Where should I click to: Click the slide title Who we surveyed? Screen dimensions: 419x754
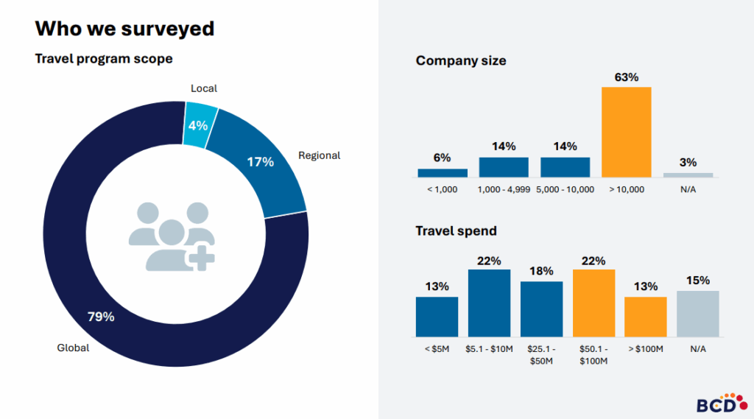tap(124, 29)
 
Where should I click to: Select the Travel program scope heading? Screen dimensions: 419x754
tap(104, 59)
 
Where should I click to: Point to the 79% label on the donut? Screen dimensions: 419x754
tap(101, 317)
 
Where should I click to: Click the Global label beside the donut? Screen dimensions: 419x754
tap(73, 348)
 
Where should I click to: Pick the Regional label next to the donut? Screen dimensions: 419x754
tap(319, 155)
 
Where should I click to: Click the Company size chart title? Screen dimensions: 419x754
tap(461, 61)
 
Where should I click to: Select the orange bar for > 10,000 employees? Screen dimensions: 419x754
tap(626, 132)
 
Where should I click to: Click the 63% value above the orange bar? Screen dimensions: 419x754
tap(626, 77)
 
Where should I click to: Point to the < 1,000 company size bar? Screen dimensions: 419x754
tap(443, 173)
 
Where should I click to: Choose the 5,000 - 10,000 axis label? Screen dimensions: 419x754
tap(565, 189)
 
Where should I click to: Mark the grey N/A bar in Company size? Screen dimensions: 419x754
tap(688, 175)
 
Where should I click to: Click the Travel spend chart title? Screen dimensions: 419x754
tap(456, 231)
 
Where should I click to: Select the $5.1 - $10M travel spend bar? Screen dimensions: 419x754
tap(489, 303)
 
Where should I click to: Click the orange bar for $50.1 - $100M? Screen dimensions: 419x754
tap(593, 303)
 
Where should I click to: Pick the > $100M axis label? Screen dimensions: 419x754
tap(646, 348)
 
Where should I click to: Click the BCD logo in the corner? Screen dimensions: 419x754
tap(716, 403)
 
